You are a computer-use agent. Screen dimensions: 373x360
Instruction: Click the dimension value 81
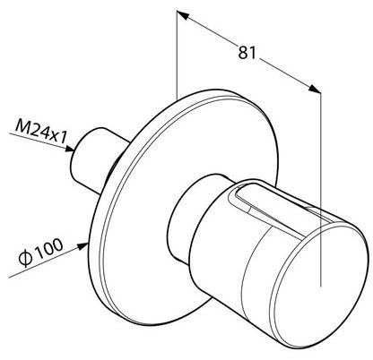(x=247, y=53)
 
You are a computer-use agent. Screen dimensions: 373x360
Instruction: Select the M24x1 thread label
(x=41, y=132)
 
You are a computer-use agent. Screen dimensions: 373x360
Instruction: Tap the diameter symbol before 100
(x=25, y=259)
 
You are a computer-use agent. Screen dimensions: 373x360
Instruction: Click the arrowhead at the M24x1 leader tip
(x=70, y=149)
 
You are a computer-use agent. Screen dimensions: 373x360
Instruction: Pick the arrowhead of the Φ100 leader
(x=82, y=245)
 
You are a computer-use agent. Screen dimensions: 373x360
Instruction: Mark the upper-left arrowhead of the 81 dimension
(x=183, y=15)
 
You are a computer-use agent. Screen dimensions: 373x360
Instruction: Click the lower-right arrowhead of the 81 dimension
(x=315, y=89)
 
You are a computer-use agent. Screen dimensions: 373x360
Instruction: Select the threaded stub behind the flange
(x=96, y=159)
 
